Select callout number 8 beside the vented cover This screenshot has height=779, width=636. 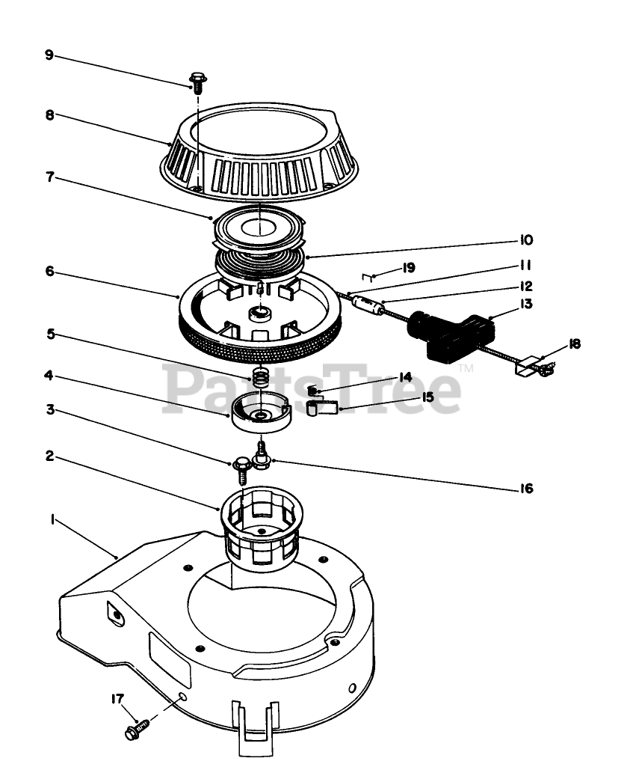click(x=49, y=115)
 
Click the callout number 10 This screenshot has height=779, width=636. click(x=525, y=240)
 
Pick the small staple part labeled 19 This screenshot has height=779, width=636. click(x=367, y=276)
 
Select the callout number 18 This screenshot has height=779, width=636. click(x=575, y=344)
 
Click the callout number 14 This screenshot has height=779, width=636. click(x=406, y=376)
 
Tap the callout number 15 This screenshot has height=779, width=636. click(x=427, y=397)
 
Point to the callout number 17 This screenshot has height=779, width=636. click(x=117, y=698)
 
